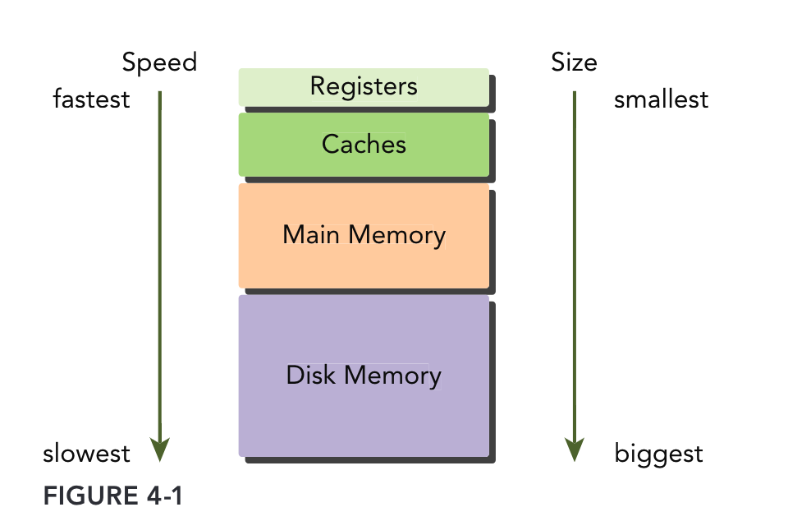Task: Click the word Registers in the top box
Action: point(364,86)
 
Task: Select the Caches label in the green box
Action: point(364,145)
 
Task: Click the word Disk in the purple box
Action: point(311,376)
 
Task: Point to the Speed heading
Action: point(160,62)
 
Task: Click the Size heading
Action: point(574,62)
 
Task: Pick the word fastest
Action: point(91,99)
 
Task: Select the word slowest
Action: point(86,453)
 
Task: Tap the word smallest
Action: point(661,99)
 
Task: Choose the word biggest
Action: point(658,453)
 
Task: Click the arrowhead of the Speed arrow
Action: point(160,449)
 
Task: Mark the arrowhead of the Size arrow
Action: point(575,449)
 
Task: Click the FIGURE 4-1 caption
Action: point(112,496)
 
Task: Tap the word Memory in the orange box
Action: point(396,235)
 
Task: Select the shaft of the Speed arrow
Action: point(160,263)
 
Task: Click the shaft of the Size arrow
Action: point(575,263)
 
